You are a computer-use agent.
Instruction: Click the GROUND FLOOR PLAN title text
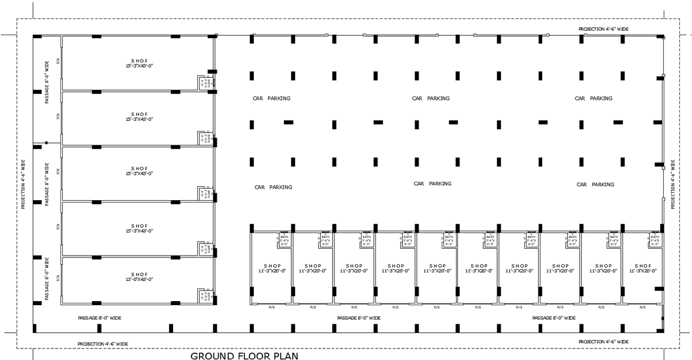tap(245, 356)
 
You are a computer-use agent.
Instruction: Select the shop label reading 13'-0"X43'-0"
tap(140, 279)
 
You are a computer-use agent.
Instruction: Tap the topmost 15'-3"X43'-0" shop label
tap(140, 66)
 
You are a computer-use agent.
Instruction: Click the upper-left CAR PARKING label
tap(272, 98)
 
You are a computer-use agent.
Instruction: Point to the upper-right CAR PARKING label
tap(593, 98)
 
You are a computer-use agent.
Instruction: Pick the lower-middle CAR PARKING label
tap(432, 183)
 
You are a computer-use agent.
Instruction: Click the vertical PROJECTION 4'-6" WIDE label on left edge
tap(24, 185)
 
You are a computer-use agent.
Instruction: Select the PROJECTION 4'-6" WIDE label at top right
tap(603, 28)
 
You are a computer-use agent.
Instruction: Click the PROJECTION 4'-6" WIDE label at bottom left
tap(103, 344)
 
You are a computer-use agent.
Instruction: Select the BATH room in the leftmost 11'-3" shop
tap(284, 241)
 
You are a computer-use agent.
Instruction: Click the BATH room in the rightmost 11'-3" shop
tap(655, 241)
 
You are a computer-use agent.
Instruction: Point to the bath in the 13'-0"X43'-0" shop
tap(203, 295)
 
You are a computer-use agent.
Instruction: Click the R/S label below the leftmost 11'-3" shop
tap(272, 307)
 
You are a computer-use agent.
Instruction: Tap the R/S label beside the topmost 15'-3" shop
tap(58, 61)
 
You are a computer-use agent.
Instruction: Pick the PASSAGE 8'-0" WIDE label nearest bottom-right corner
tap(554, 318)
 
